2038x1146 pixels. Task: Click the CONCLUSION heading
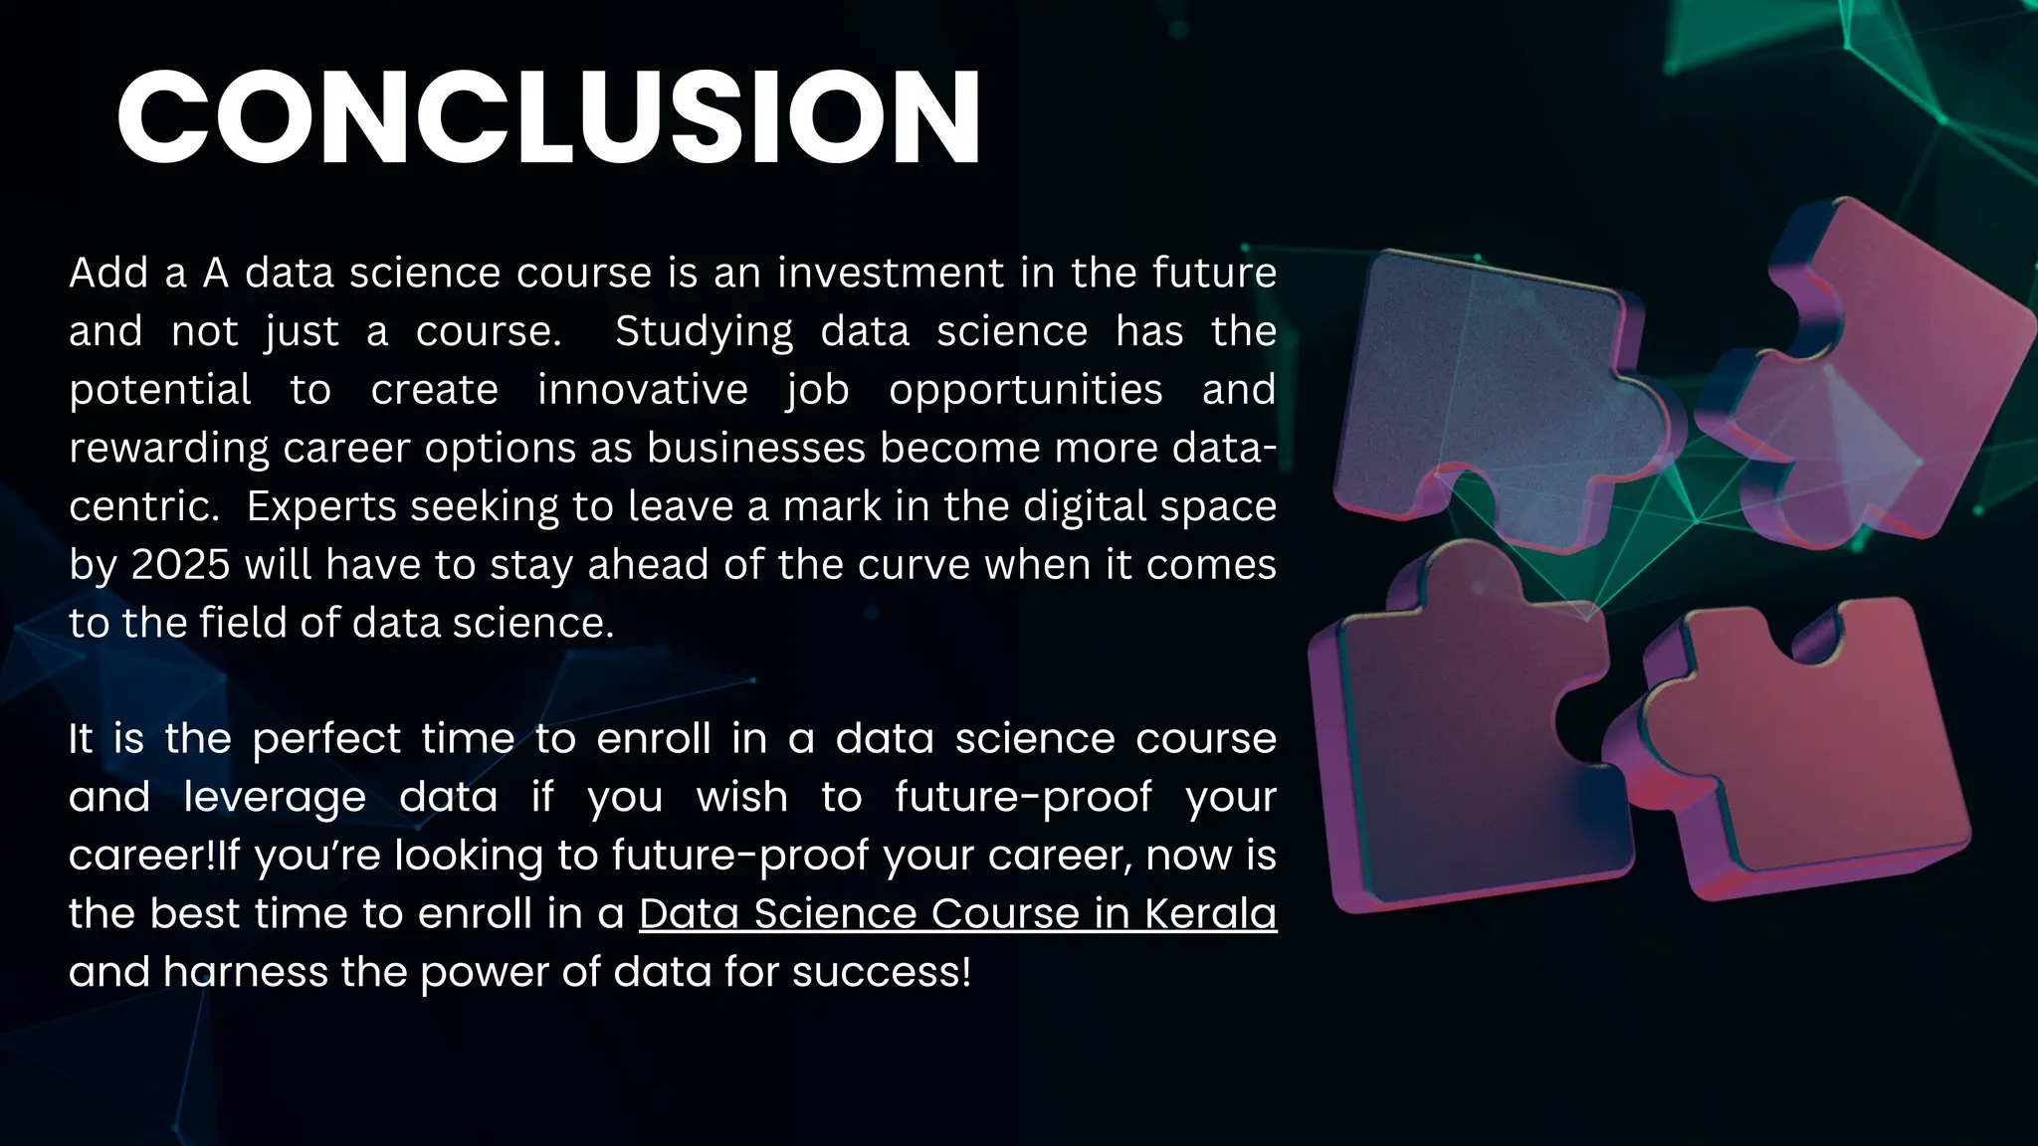(x=548, y=116)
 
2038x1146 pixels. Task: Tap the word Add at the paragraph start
(x=107, y=273)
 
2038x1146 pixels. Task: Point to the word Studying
(x=704, y=331)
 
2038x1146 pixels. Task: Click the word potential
(x=160, y=390)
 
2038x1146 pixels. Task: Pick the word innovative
(x=642, y=389)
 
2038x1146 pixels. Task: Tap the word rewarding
(x=169, y=449)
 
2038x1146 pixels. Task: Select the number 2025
(x=181, y=564)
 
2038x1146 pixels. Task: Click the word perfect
(x=327, y=739)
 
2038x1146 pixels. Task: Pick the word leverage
(x=275, y=798)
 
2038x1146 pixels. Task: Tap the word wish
(x=742, y=797)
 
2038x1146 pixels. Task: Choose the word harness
(x=245, y=972)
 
